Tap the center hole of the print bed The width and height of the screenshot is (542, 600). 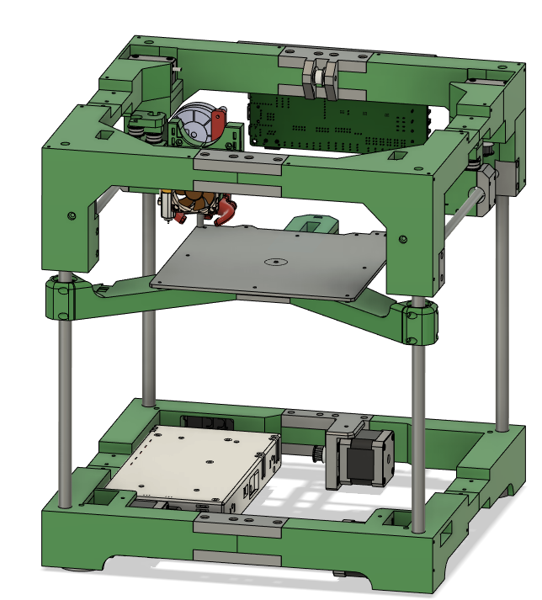click(275, 262)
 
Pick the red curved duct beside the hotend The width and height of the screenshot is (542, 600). click(225, 211)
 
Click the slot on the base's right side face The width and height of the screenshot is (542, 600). click(445, 529)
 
